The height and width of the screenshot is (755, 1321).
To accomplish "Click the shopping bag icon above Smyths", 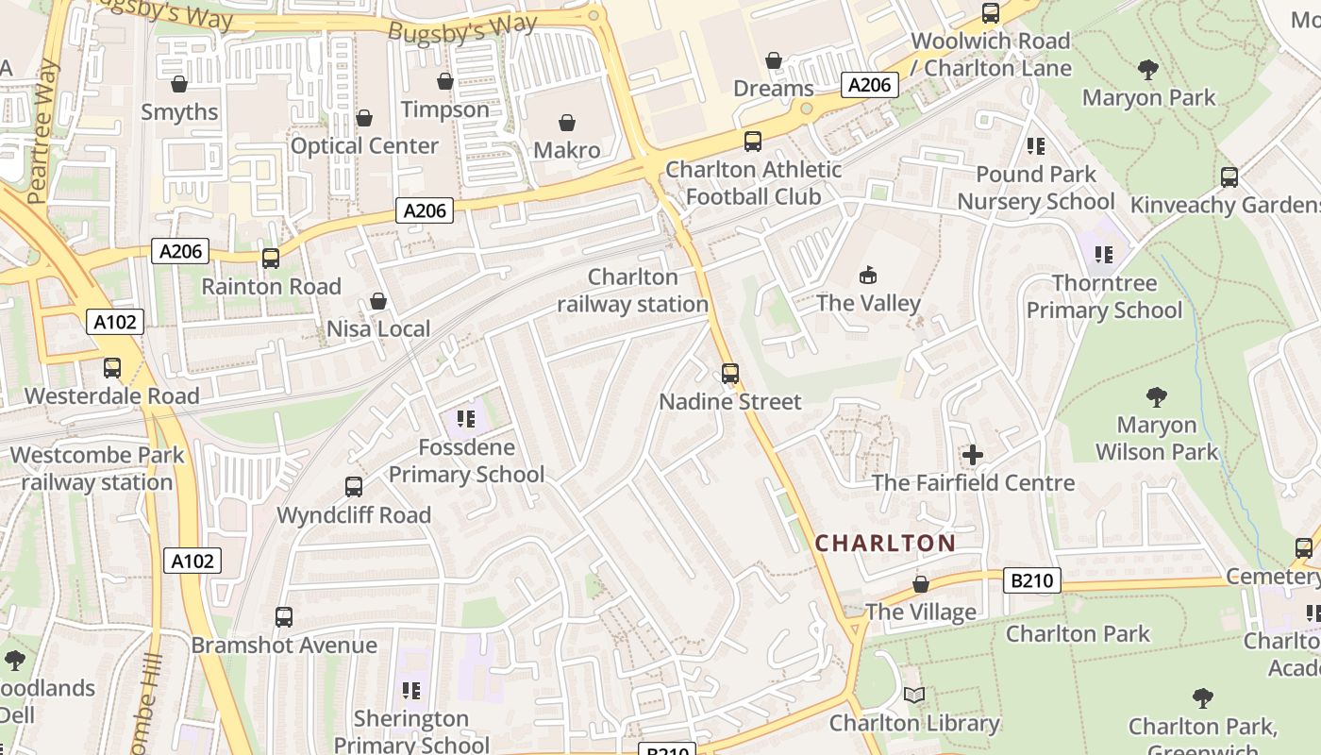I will tap(179, 84).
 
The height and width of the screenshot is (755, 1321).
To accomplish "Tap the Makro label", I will tap(566, 150).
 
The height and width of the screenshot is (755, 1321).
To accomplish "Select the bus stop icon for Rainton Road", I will tap(271, 259).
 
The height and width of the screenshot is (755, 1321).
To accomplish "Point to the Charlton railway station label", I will tap(632, 291).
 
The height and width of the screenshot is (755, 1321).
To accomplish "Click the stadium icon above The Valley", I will tap(868, 275).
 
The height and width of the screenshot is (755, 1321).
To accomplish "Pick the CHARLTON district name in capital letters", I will tap(885, 544).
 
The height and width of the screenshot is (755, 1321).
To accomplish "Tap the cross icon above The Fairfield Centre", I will tap(972, 456).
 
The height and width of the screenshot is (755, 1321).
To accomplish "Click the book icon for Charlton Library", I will tap(913, 696).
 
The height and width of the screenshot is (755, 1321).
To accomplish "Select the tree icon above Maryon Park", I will tap(1148, 69).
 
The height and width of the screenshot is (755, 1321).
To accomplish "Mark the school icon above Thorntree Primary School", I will tap(1104, 254).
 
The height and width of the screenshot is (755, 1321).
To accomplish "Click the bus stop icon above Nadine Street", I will tap(729, 374).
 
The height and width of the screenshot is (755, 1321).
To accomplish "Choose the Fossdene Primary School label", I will tap(466, 461).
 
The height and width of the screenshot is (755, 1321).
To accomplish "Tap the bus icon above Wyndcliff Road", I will tap(354, 487).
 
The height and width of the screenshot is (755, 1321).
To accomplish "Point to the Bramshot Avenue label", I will tap(284, 646).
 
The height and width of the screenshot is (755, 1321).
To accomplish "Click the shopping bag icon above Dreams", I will tap(774, 61).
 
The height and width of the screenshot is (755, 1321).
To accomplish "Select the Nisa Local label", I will tap(378, 329).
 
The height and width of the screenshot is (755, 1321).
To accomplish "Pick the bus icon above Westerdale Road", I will tap(112, 368).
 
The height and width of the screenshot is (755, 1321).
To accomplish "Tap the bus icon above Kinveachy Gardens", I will tap(1229, 176).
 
